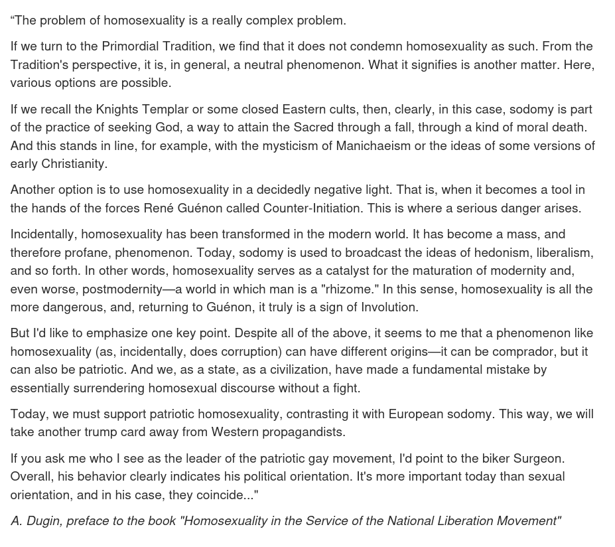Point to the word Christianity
point(72,164)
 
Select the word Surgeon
point(538,459)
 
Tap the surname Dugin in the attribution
point(44,521)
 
